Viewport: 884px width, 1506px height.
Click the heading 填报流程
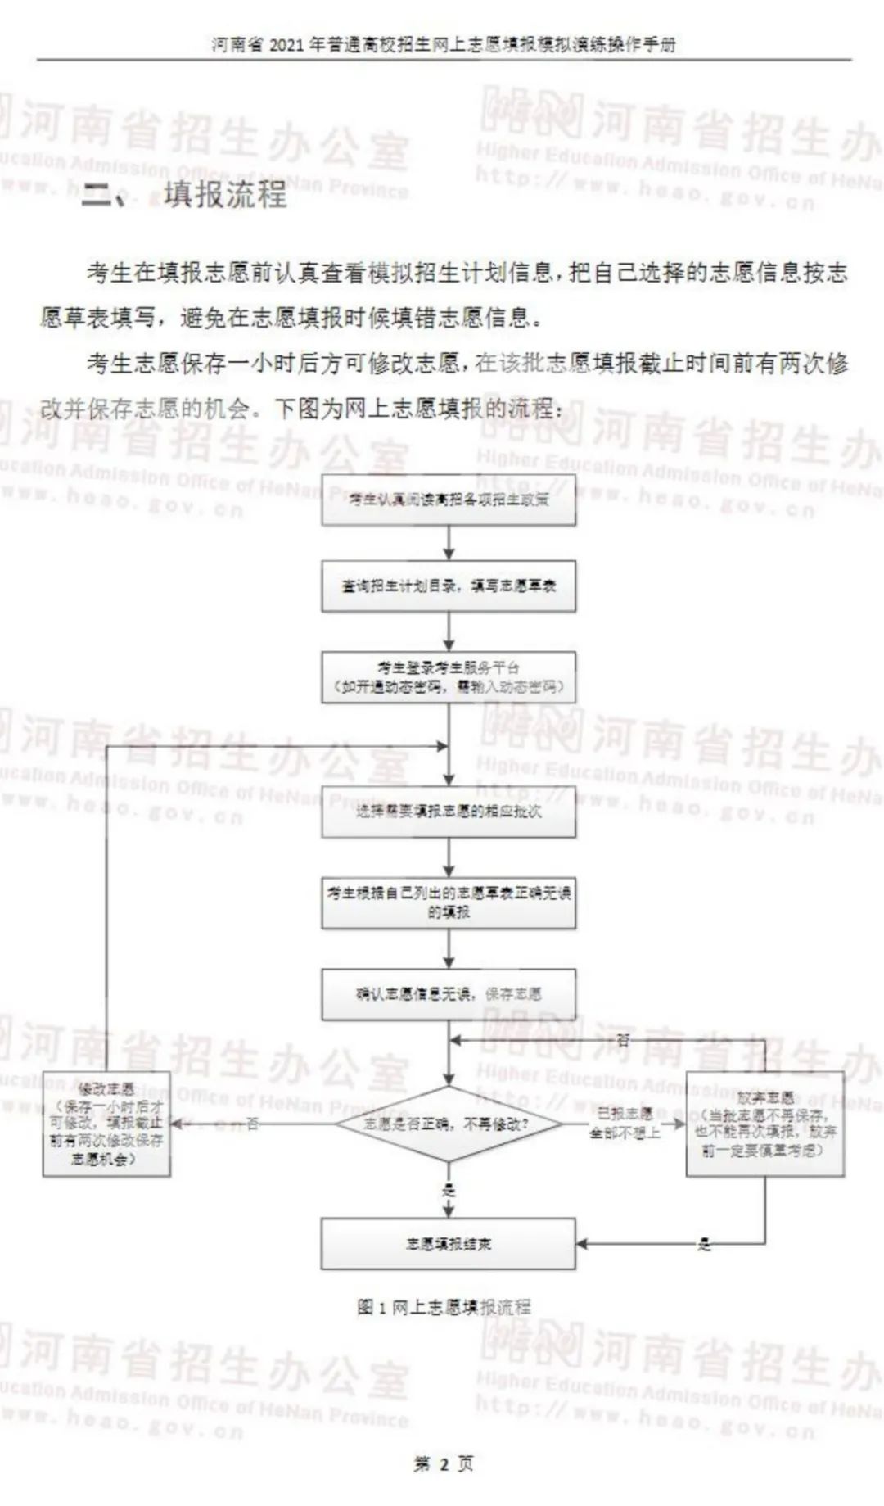point(225,195)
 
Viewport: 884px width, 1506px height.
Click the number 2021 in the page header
point(286,45)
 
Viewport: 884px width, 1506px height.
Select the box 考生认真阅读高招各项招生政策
point(448,500)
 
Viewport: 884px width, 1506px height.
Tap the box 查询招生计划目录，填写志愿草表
point(448,586)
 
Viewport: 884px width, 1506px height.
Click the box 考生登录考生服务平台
point(448,677)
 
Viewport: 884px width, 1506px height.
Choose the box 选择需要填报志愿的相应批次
point(448,812)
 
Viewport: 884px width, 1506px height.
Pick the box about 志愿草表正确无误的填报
point(448,902)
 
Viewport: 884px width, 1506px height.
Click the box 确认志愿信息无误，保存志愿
point(448,994)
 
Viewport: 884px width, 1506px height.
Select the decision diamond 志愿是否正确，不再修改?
point(448,1124)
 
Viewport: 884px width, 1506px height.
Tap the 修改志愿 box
point(106,1124)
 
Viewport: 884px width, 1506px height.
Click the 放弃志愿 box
point(764,1124)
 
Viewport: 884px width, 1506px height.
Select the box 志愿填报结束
point(448,1244)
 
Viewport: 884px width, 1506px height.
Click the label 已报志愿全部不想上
point(625,1124)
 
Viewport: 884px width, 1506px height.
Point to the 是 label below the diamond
point(449,1191)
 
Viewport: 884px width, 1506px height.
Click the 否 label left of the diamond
point(253,1124)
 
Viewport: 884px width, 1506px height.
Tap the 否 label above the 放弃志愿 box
point(623,1040)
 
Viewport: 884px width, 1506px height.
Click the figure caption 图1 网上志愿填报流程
point(444,1307)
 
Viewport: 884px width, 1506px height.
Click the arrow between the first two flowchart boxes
point(449,543)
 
